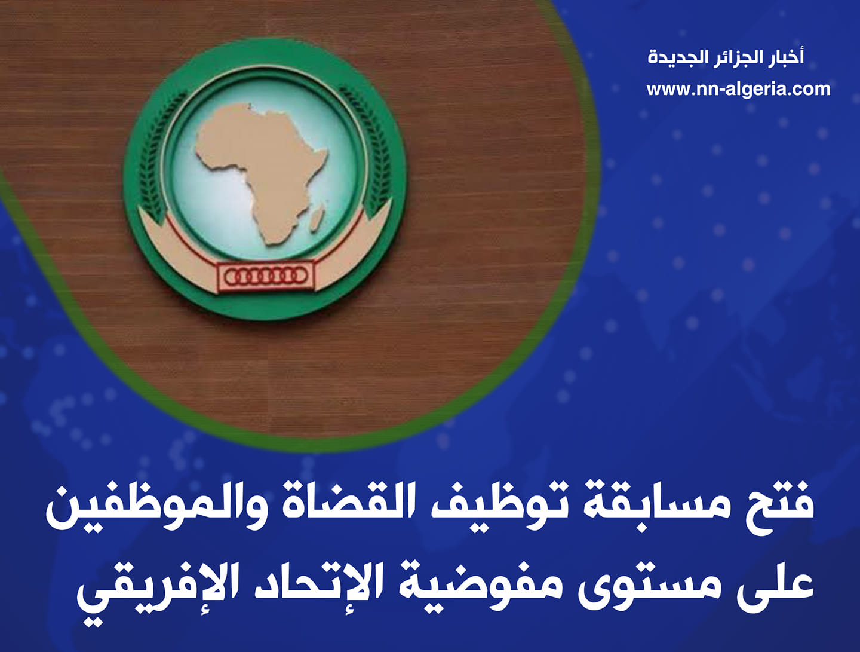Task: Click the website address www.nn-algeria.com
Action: coord(738,90)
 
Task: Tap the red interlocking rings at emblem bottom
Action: coord(265,276)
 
